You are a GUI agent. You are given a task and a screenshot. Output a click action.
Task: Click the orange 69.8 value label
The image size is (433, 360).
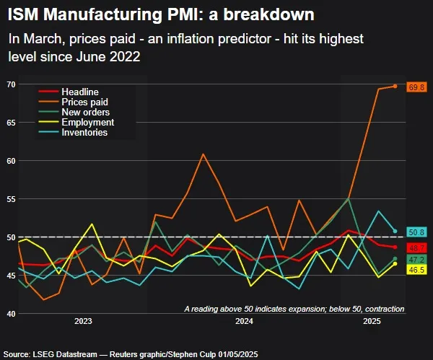pyautogui.click(x=416, y=87)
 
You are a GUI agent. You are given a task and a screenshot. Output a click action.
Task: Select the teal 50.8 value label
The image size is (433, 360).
pyautogui.click(x=416, y=232)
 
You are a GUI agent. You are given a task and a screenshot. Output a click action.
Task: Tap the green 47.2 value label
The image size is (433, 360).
pyautogui.click(x=416, y=258)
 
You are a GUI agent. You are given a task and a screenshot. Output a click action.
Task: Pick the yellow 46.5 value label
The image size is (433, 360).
pyautogui.click(x=416, y=269)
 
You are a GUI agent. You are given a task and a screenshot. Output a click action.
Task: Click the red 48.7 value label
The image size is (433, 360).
pyautogui.click(x=416, y=247)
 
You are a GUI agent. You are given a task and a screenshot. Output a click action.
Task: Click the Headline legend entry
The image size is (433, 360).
pyautogui.click(x=81, y=92)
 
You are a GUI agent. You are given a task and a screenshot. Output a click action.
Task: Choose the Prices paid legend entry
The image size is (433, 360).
pyautogui.click(x=85, y=102)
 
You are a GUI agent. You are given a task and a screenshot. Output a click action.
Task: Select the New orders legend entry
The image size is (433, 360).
pyautogui.click(x=86, y=113)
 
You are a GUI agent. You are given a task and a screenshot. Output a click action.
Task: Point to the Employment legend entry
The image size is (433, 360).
pyautogui.click(x=88, y=123)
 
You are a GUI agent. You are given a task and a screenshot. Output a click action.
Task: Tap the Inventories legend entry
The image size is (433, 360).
pyautogui.click(x=85, y=133)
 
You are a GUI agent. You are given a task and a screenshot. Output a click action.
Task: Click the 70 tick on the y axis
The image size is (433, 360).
pyautogui.click(x=11, y=84)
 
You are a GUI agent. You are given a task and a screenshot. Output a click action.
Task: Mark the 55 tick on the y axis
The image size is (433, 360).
pyautogui.click(x=11, y=198)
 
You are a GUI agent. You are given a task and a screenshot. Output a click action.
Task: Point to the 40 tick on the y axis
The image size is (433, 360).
pyautogui.click(x=11, y=313)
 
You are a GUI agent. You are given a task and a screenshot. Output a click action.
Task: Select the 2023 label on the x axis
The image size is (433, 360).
pyautogui.click(x=83, y=321)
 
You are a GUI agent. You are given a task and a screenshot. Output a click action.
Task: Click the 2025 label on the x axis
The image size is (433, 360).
pyautogui.click(x=372, y=321)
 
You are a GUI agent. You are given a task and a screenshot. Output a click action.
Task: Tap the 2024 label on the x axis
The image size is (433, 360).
pyautogui.click(x=243, y=321)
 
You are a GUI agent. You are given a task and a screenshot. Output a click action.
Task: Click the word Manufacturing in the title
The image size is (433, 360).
pyautogui.click(x=104, y=14)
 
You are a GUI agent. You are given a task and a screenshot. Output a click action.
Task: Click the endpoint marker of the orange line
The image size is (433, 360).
pyautogui.click(x=395, y=86)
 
